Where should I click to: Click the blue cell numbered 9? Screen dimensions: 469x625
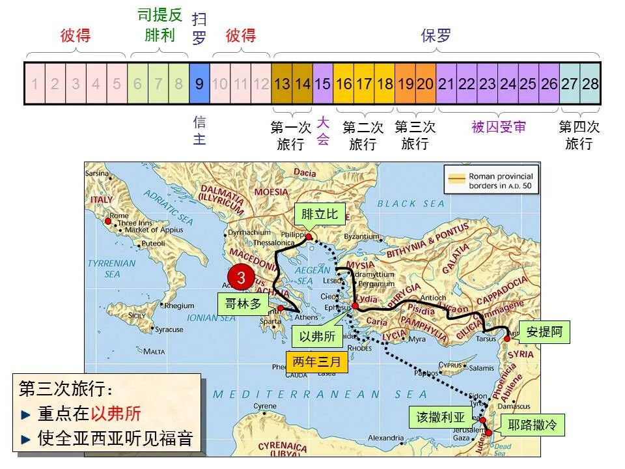click(x=199, y=84)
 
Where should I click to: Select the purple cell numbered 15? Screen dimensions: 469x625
click(x=323, y=84)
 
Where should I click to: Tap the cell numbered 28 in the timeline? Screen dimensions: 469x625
click(x=590, y=84)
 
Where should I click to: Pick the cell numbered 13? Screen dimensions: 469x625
click(x=282, y=84)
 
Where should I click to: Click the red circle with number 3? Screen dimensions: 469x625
click(x=241, y=277)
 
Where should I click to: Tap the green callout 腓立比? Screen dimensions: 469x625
click(x=320, y=214)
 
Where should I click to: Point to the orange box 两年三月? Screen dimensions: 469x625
click(x=317, y=362)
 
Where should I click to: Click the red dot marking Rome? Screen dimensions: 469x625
click(x=108, y=221)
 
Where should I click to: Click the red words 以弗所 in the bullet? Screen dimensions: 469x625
click(x=115, y=414)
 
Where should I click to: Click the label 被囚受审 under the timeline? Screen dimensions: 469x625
click(x=499, y=127)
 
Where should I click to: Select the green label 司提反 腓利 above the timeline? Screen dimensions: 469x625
click(x=160, y=25)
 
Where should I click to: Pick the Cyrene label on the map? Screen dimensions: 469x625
click(x=264, y=406)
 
